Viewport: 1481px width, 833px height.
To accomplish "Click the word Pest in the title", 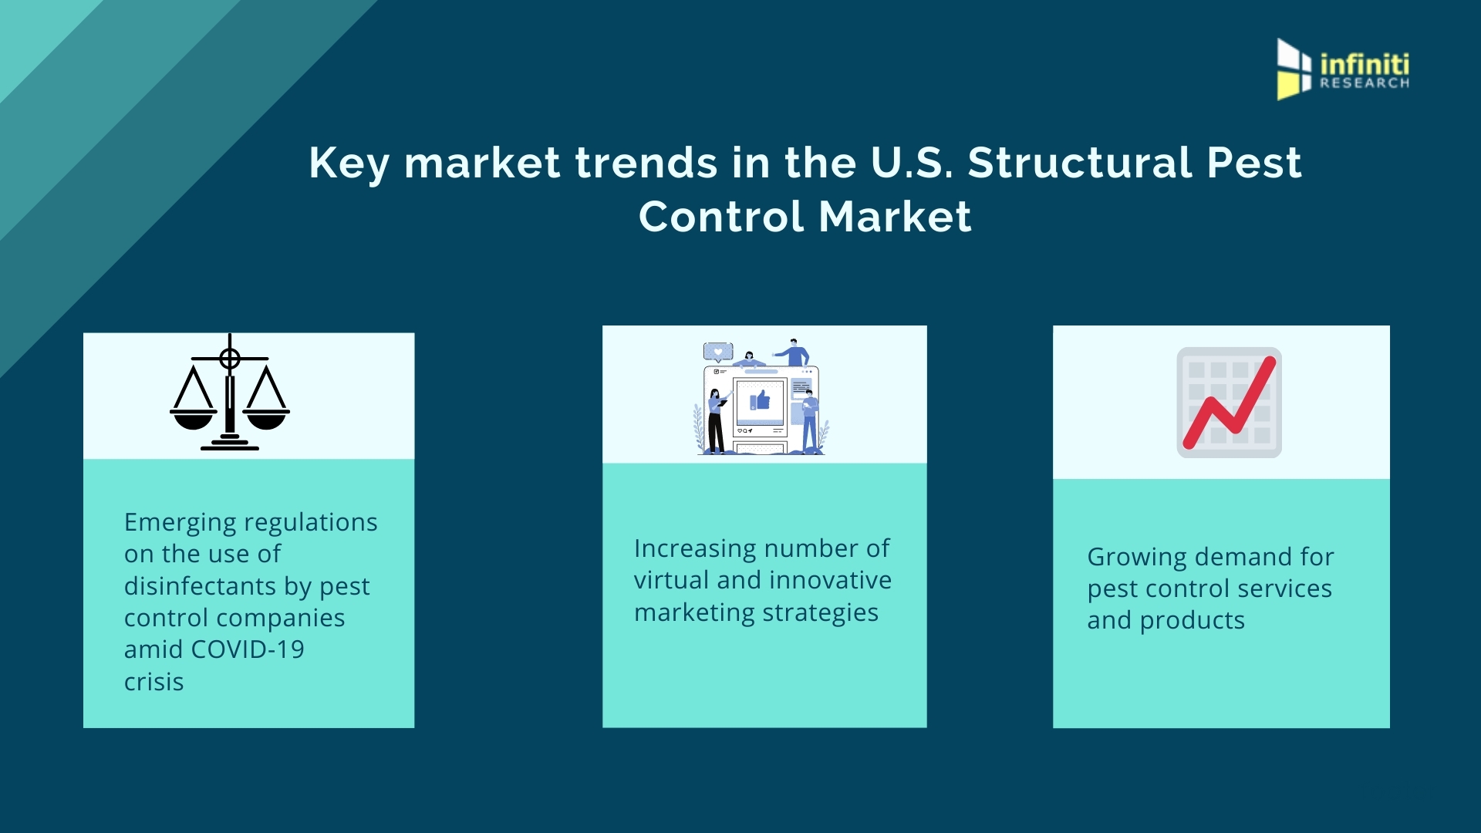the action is point(1254,163).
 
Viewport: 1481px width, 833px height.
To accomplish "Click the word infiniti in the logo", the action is point(1365,64).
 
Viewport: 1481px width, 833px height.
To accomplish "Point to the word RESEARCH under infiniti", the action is point(1365,83).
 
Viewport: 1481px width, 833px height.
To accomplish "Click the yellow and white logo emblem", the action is point(1294,69).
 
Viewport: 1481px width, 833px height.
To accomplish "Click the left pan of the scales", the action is point(193,420).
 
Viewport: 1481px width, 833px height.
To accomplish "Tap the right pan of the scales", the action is point(266,420).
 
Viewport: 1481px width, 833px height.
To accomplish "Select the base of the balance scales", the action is point(230,443).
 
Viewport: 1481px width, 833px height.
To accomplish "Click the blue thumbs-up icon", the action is point(761,400).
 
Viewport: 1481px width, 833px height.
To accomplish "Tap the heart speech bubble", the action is point(718,352).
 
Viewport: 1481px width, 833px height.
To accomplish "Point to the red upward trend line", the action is point(1229,403).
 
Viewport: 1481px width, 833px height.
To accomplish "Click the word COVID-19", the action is point(247,649).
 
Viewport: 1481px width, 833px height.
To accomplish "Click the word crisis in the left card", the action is point(154,682).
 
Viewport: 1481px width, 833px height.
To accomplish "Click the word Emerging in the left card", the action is point(180,523).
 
